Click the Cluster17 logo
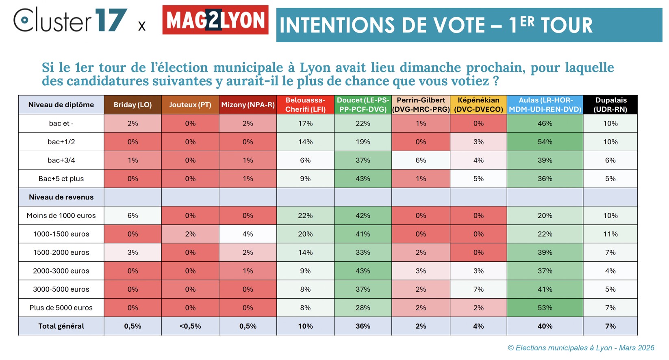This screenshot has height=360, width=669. tap(70, 20)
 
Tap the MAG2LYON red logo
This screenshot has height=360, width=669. tap(215, 20)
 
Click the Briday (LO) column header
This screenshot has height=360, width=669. tap(132, 105)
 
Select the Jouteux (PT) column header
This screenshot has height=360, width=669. tap(190, 105)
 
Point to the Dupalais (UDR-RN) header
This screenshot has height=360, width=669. tap(610, 105)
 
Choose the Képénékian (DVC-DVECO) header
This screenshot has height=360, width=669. tap(478, 105)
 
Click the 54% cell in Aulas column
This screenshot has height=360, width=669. tap(545, 142)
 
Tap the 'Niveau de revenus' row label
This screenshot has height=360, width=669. tap(61, 197)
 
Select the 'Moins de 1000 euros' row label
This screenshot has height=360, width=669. tap(61, 216)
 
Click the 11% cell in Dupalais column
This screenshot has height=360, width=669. tap(610, 234)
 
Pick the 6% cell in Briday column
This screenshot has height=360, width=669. tap(132, 216)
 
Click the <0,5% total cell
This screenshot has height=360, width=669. tap(190, 326)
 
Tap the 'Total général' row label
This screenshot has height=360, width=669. tap(61, 326)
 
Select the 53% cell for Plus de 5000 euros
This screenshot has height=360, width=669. tap(545, 308)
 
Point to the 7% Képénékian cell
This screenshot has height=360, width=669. tap(478, 289)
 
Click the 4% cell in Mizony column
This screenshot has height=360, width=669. tap(248, 234)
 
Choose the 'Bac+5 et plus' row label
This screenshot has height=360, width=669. tap(61, 179)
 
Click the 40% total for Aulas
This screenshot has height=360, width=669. tap(545, 326)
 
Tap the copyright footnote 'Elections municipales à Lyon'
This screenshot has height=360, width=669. tap(581, 348)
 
